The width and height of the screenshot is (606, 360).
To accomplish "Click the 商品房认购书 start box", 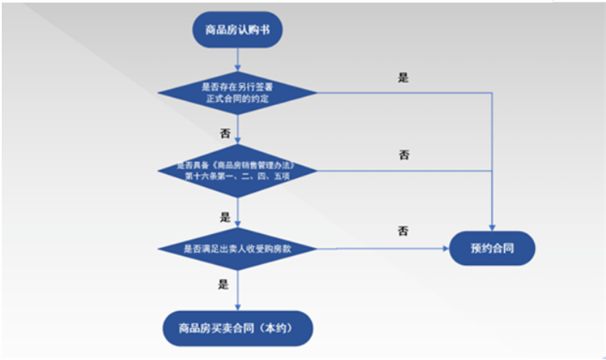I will pyautogui.click(x=238, y=32).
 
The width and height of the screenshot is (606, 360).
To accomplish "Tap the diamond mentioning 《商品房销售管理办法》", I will pyautogui.click(x=238, y=171).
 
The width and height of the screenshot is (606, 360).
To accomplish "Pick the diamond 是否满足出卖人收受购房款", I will pyautogui.click(x=238, y=249).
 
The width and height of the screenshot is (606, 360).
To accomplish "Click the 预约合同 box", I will pyautogui.click(x=492, y=249).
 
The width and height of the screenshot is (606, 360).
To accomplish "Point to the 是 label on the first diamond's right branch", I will pyautogui.click(x=403, y=77).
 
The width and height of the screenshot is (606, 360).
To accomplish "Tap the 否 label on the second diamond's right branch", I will pyautogui.click(x=404, y=155).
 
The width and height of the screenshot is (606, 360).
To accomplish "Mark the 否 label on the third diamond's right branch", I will pyautogui.click(x=403, y=231).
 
